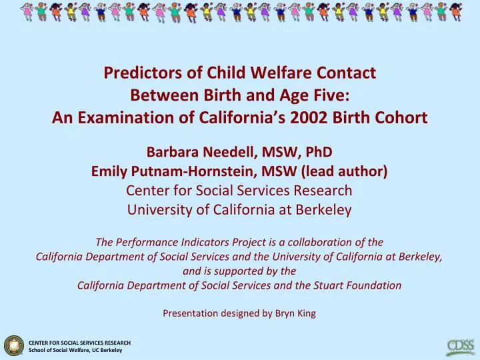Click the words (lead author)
click(x=346, y=171)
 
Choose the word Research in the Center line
click(x=325, y=191)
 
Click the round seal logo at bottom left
click(x=13, y=345)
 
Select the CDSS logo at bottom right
click(x=460, y=346)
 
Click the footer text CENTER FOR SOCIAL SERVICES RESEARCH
click(x=79, y=342)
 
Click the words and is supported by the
click(x=239, y=271)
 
